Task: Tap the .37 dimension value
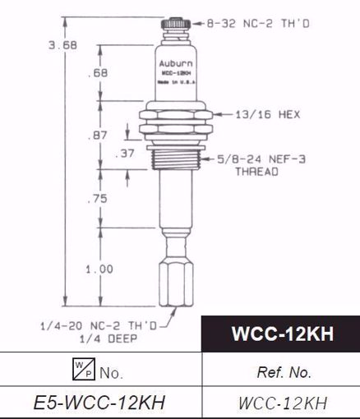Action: point(129,153)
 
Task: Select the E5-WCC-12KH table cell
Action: point(101,402)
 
